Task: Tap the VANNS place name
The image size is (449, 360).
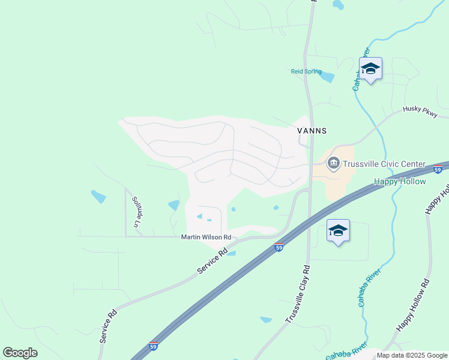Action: pyautogui.click(x=312, y=130)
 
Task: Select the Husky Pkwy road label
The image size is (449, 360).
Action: pyautogui.click(x=420, y=111)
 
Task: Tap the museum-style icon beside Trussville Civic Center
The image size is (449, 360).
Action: pyautogui.click(x=333, y=163)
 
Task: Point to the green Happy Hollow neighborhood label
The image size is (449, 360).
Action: pyautogui.click(x=400, y=181)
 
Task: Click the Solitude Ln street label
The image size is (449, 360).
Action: pyautogui.click(x=136, y=212)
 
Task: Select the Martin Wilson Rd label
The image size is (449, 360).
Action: pyautogui.click(x=206, y=238)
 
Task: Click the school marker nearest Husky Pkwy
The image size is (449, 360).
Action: pyautogui.click(x=370, y=70)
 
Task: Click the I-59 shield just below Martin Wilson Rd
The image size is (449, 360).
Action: pyautogui.click(x=279, y=246)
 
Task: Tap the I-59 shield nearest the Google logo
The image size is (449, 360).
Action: pyautogui.click(x=154, y=346)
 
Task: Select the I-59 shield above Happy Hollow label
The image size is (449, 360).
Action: pyautogui.click(x=438, y=170)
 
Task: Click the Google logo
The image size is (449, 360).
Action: pyautogui.click(x=20, y=353)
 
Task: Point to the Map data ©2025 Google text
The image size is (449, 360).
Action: pyautogui.click(x=412, y=356)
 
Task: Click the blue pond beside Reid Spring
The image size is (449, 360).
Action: pyautogui.click(x=327, y=77)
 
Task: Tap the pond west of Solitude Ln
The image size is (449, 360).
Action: pyautogui.click(x=98, y=197)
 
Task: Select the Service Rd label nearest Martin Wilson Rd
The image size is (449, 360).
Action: pyautogui.click(x=212, y=262)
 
